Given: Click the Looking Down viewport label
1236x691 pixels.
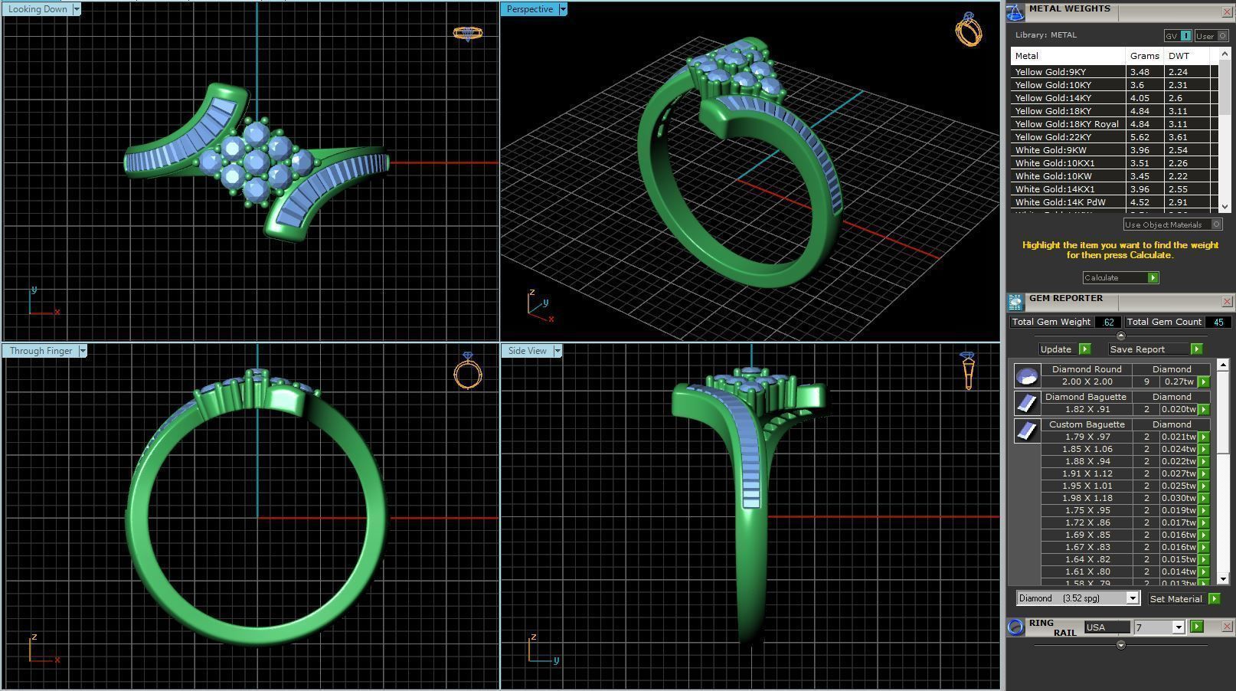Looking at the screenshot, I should tap(38, 9).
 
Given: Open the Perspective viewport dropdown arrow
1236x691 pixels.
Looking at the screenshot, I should tap(563, 9).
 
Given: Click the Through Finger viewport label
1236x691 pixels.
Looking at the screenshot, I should tap(41, 351).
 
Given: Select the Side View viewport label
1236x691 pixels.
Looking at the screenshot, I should tap(527, 351).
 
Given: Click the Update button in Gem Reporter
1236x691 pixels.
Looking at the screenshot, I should tap(1056, 349).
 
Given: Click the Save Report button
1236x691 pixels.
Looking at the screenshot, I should tap(1137, 349).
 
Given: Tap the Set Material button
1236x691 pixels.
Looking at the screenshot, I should tap(1176, 599).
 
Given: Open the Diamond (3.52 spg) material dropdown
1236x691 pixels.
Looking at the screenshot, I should tap(1132, 598).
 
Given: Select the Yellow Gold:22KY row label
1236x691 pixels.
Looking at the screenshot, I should tap(1053, 137).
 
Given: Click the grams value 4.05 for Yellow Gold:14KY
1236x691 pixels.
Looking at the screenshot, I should tap(1140, 98).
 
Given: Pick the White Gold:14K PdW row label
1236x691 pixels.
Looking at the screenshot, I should tap(1060, 202).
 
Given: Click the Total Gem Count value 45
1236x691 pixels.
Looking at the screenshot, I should tap(1218, 323).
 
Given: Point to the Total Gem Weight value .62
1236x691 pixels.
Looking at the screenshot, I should tap(1107, 323).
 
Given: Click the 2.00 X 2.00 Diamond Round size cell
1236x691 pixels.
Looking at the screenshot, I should tap(1087, 382).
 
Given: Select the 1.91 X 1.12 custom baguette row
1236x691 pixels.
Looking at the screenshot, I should tap(1087, 473).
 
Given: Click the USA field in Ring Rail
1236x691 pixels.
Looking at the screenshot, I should tap(1106, 627).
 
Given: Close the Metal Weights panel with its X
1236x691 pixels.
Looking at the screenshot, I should tap(1227, 12).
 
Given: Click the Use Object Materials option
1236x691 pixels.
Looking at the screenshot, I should tap(1164, 224).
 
